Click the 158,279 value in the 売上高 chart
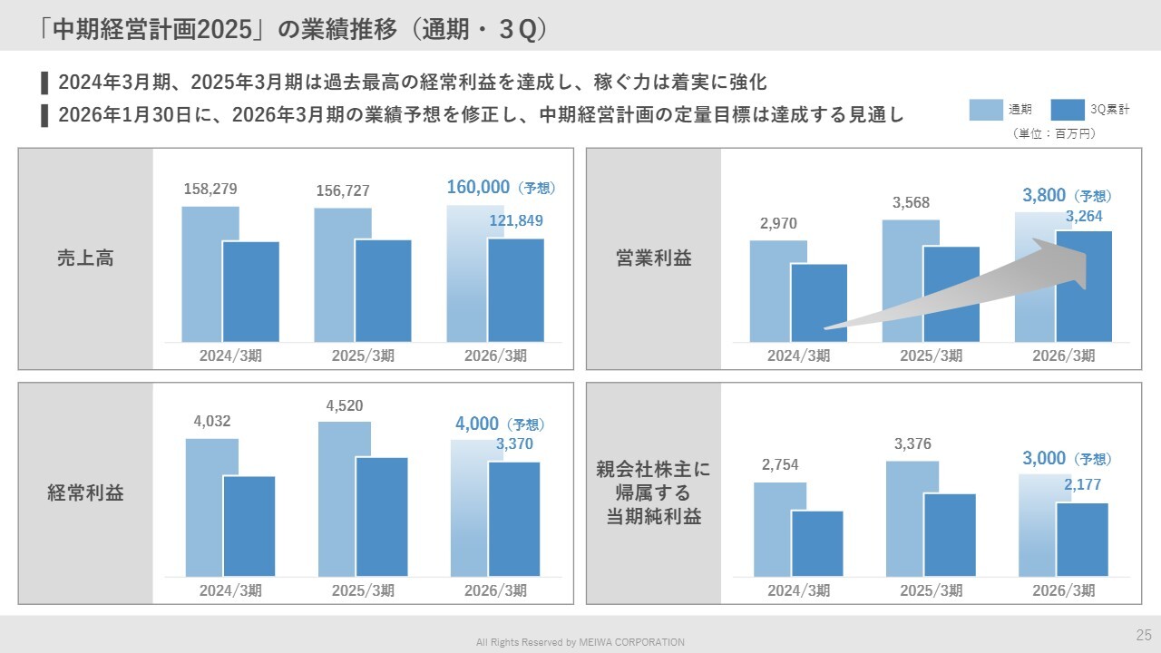(210, 190)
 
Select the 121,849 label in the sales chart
(516, 220)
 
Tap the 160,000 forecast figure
(478, 188)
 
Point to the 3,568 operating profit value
(911, 202)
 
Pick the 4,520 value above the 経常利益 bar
(345, 405)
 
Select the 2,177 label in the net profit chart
(1082, 485)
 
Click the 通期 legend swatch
(985, 110)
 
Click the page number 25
(1144, 634)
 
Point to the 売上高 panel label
(85, 258)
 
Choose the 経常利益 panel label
(85, 493)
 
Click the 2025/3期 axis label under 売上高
(363, 356)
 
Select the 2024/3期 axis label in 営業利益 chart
(798, 356)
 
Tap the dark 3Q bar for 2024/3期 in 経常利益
(249, 526)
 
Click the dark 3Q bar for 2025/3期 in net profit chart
(950, 535)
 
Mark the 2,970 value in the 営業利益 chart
(778, 223)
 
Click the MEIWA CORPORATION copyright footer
(580, 642)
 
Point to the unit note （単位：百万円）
(1054, 133)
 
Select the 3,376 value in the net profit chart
(912, 443)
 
